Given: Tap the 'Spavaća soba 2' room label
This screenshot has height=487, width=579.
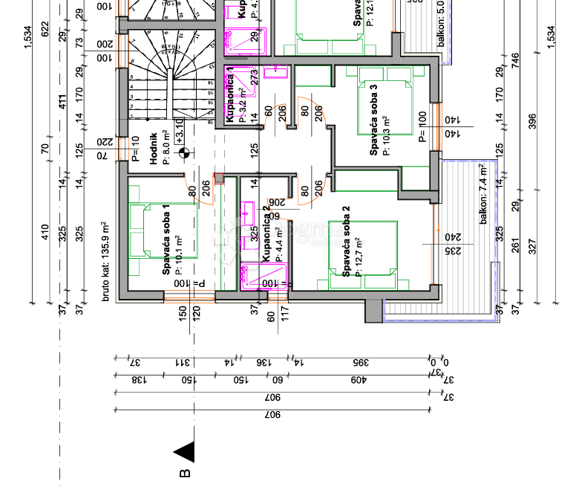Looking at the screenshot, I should click(x=346, y=247).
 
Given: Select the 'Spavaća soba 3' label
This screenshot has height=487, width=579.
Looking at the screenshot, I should click(x=374, y=118).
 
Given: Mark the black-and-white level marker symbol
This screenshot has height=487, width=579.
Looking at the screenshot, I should click(x=184, y=154).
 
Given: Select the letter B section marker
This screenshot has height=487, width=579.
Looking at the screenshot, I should click(x=185, y=472).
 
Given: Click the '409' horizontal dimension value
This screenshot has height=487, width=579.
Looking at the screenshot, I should click(x=359, y=380).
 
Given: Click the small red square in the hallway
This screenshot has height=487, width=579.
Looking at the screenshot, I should click(x=219, y=178).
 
